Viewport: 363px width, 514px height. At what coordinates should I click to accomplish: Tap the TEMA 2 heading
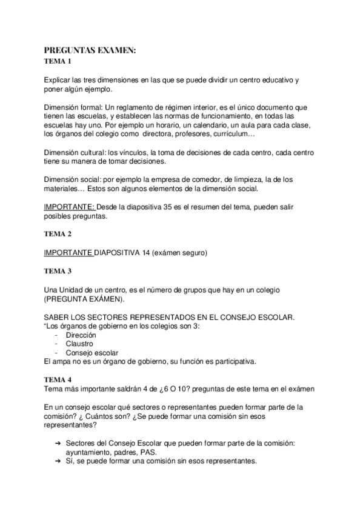[58, 233]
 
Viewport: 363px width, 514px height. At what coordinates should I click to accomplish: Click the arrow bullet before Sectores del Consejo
[58, 443]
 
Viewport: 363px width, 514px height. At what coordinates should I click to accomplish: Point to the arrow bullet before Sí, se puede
[58, 461]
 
